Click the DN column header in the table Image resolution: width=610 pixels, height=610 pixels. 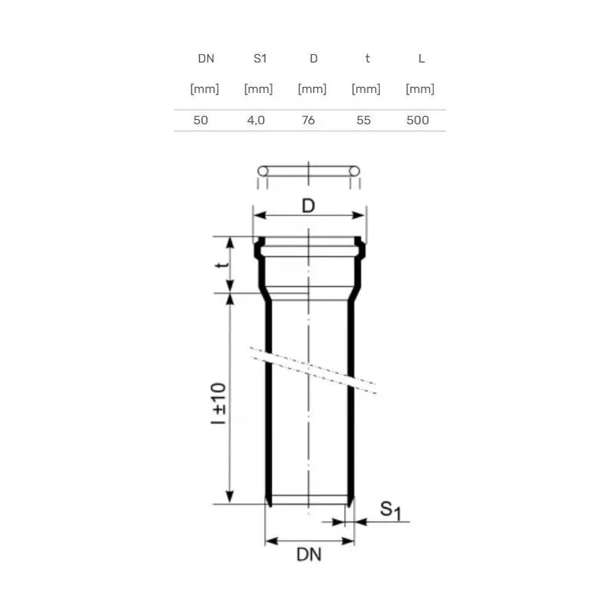point(206,59)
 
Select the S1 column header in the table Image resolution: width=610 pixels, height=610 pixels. point(260,59)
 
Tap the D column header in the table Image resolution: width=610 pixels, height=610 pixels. point(313,59)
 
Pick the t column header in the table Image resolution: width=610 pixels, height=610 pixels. point(368,59)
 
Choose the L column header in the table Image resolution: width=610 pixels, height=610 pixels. point(422,59)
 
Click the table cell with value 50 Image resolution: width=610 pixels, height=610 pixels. point(201,120)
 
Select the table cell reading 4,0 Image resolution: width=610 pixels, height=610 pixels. point(256,120)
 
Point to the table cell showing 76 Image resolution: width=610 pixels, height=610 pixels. point(308,120)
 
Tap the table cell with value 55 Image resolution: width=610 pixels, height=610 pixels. point(364,120)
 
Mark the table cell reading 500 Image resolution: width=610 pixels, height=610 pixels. point(418,120)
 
